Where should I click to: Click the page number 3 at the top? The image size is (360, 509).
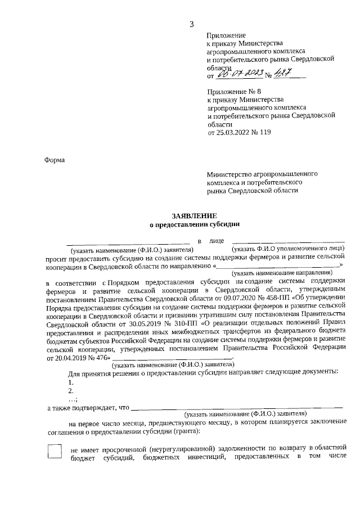click(x=191, y=23)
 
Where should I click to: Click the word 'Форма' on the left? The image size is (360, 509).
click(x=55, y=160)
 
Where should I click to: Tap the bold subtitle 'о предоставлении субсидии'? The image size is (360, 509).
click(x=194, y=224)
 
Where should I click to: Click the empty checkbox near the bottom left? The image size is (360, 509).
click(x=55, y=452)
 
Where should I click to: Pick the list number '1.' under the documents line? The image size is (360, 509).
click(x=71, y=382)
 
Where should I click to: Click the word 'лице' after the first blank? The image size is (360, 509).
click(x=217, y=241)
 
